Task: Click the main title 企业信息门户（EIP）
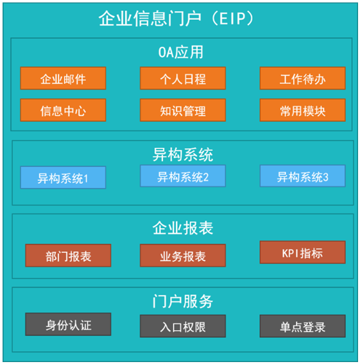point(176,19)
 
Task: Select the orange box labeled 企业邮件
point(64,78)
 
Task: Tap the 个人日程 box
point(183,78)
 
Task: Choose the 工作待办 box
point(303,78)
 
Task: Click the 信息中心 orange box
point(64,110)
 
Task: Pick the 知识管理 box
point(183,110)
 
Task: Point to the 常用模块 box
point(303,110)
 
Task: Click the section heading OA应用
point(181,53)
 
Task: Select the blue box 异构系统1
point(64,178)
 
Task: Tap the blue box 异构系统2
point(183,176)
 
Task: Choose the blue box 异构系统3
point(303,176)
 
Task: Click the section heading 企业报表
point(183,228)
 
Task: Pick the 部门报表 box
point(68,255)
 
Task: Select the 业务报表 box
point(183,255)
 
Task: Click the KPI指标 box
point(303,252)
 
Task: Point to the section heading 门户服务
point(183,301)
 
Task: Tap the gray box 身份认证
point(68,324)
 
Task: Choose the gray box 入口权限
point(183,326)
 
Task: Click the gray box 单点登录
point(303,326)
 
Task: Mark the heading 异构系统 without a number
point(183,154)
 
